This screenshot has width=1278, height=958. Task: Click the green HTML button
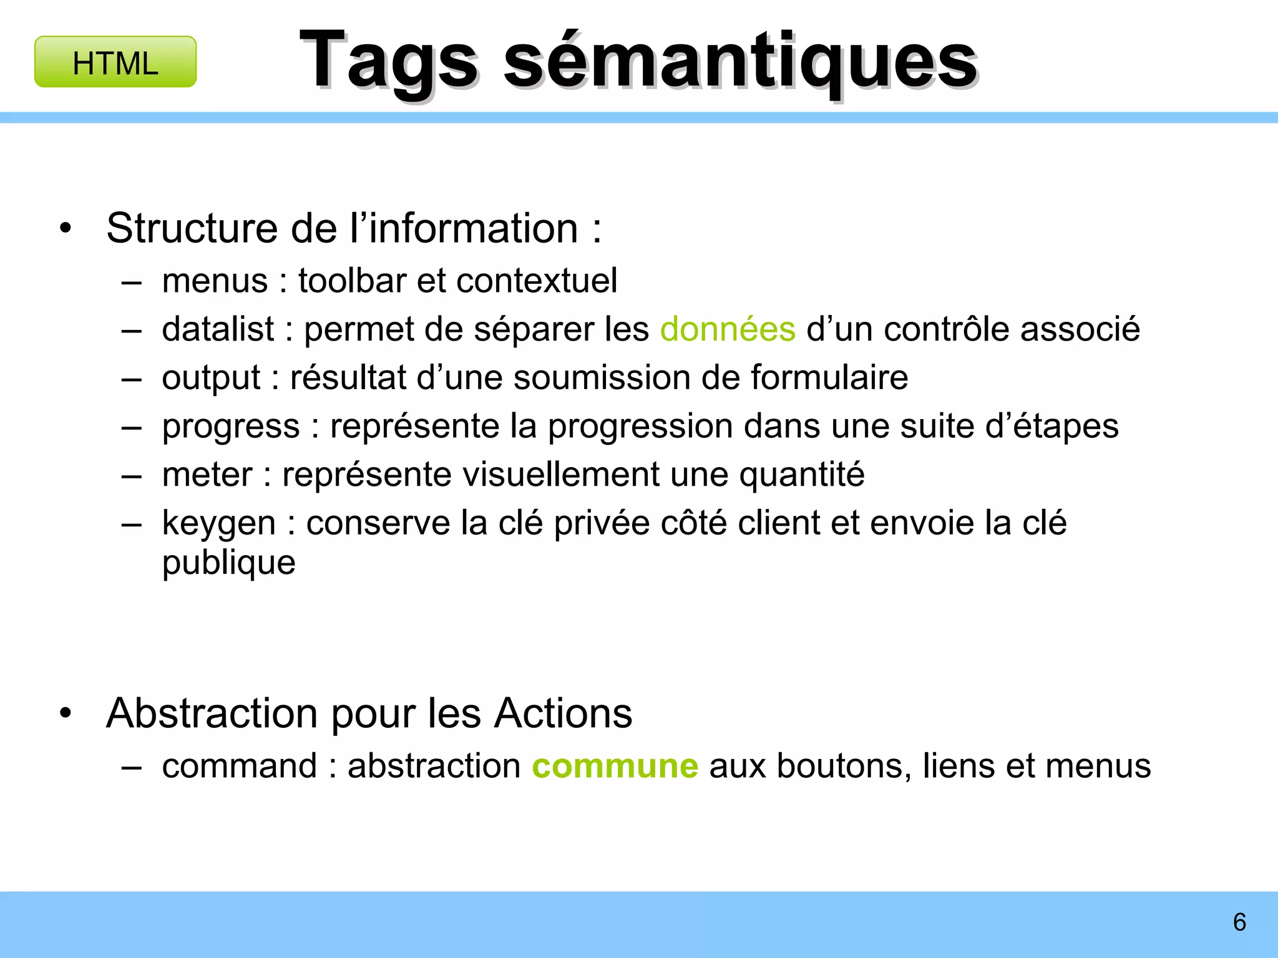[115, 62]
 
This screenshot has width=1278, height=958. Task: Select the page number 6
[1239, 922]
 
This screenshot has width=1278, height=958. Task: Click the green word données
[728, 329]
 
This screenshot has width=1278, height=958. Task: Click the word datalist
[218, 329]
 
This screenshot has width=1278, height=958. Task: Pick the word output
[211, 377]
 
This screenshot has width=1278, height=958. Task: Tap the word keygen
[218, 523]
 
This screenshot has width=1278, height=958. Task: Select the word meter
[207, 474]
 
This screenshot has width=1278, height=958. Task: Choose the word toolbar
[352, 280]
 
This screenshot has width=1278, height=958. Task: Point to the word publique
[228, 563]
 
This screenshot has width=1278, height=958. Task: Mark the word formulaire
[829, 377]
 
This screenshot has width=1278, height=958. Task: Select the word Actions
[563, 713]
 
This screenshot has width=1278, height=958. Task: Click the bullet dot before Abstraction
[66, 713]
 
